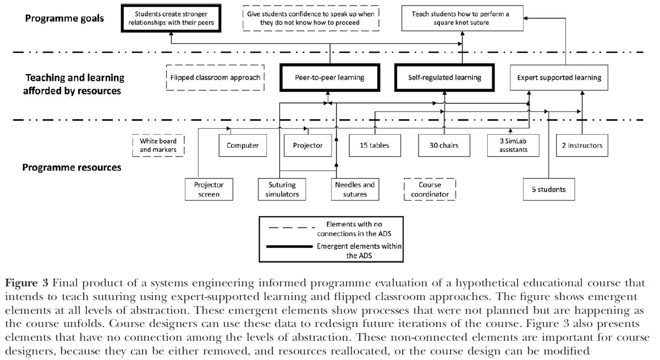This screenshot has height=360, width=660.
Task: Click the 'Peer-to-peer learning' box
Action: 330,77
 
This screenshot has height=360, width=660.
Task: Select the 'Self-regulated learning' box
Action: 444,77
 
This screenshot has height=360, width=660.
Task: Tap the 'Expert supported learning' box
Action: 559,77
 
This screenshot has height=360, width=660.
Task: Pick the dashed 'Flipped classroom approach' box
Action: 215,77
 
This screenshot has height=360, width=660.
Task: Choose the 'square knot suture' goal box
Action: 461,18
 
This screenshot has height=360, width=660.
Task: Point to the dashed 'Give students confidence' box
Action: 311,18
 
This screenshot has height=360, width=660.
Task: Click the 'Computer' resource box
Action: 243,146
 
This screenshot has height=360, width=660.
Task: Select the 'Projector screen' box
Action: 208,190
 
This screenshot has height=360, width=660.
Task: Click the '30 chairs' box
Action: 444,146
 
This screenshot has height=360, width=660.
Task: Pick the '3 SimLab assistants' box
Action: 513,146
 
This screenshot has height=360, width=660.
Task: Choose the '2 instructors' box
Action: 582,146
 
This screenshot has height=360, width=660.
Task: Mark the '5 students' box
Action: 548,190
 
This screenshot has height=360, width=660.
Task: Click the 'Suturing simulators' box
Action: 282,190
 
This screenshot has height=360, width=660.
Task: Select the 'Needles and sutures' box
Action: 355,190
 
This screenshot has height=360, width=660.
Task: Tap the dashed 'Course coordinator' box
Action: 430,190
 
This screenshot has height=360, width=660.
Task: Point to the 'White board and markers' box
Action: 158,146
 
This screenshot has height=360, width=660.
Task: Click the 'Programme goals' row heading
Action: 64,18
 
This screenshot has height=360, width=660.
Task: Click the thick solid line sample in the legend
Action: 290,247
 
